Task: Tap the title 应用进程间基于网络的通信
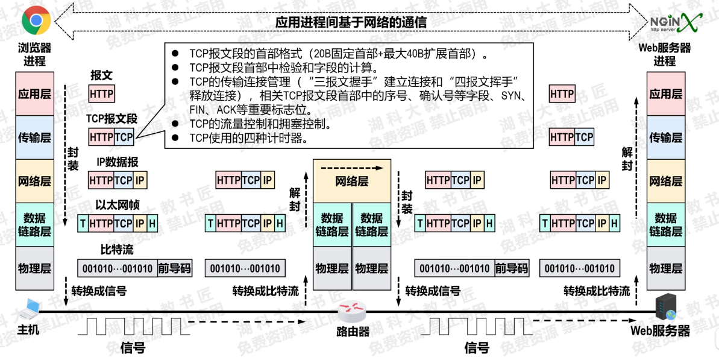(x=351, y=22)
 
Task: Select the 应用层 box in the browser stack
(x=34, y=93)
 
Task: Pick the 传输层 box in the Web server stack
(x=665, y=137)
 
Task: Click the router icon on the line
(x=352, y=312)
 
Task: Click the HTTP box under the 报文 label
(x=101, y=94)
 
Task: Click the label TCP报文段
(x=111, y=118)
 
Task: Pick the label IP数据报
(x=118, y=162)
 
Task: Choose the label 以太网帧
(x=118, y=205)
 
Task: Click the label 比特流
(x=117, y=249)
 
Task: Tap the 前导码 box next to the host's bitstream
(x=174, y=268)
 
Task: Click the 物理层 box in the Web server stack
(x=665, y=268)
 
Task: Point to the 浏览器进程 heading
(x=34, y=54)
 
